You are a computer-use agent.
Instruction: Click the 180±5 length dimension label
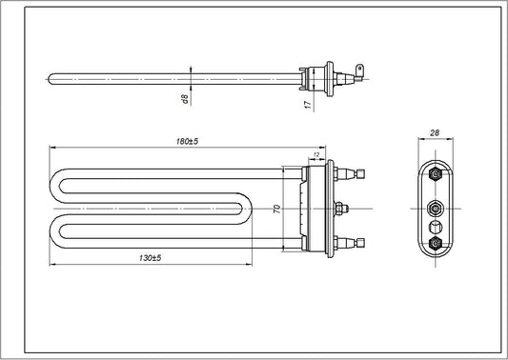pos(186,141)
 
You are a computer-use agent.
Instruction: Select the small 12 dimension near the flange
pos(315,154)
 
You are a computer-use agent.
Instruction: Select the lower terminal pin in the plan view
pos(356,243)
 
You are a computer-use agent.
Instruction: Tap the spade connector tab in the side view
pos(360,69)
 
